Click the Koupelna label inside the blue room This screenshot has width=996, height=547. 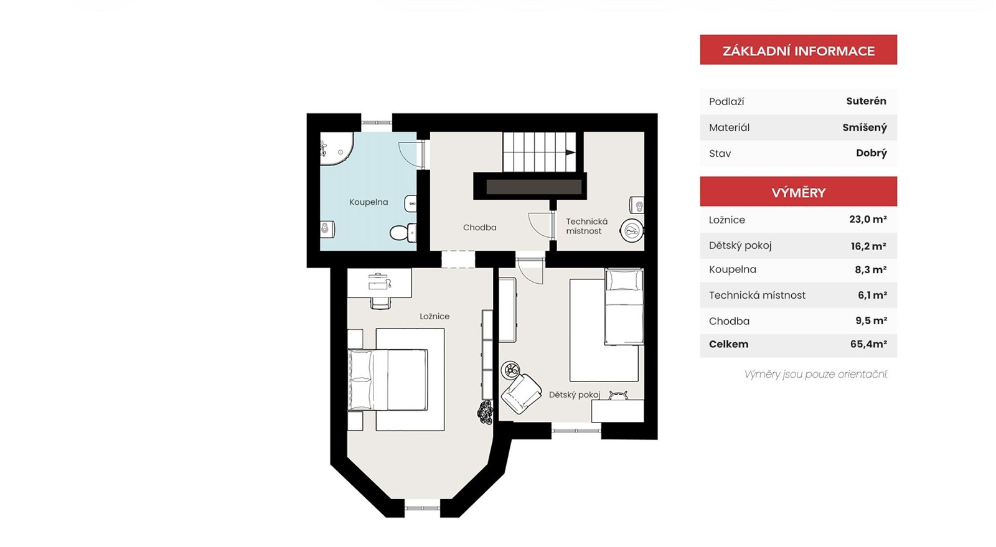(369, 202)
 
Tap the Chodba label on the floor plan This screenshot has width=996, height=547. (480, 228)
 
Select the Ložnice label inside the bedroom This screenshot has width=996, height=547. (435, 316)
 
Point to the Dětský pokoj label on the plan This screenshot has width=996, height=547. (575, 395)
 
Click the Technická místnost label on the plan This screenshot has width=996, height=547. (586, 226)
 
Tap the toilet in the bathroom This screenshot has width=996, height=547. (403, 232)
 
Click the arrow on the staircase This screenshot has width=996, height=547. (570, 152)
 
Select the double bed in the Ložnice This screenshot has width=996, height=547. (388, 380)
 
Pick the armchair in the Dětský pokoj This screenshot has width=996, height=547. (521, 393)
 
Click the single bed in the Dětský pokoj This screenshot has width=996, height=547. (624, 307)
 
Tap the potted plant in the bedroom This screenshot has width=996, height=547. (485, 412)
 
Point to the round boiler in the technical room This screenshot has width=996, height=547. (632, 230)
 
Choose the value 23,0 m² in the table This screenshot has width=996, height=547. (868, 219)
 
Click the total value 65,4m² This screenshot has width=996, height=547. (868, 344)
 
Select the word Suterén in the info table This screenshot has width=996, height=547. (866, 101)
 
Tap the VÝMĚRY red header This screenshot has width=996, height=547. (799, 192)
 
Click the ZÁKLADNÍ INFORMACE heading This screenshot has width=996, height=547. (799, 51)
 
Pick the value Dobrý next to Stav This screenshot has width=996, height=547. (872, 153)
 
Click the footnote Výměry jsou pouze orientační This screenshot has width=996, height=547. (816, 375)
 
